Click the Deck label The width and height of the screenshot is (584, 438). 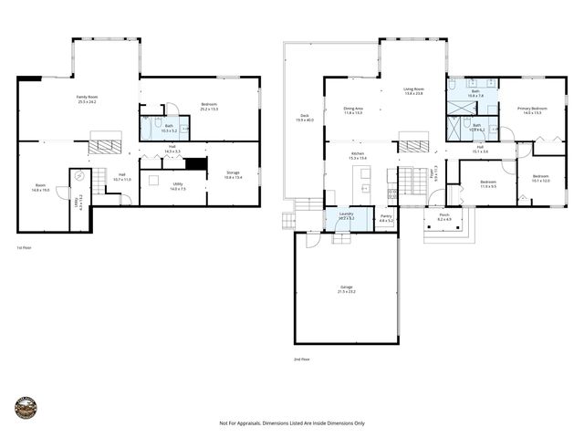[304, 118]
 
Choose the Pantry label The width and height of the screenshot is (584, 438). [387, 218]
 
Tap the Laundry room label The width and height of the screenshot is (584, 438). [346, 218]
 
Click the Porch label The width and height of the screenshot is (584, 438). [444, 218]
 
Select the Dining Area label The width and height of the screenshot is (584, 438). [353, 110]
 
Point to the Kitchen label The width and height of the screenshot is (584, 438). [357, 156]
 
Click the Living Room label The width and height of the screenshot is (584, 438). [413, 91]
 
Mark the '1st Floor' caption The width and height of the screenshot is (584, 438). [25, 247]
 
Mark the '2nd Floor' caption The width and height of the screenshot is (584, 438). [302, 360]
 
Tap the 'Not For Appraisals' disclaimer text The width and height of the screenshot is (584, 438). [292, 423]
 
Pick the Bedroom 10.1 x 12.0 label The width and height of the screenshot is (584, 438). [540, 179]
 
